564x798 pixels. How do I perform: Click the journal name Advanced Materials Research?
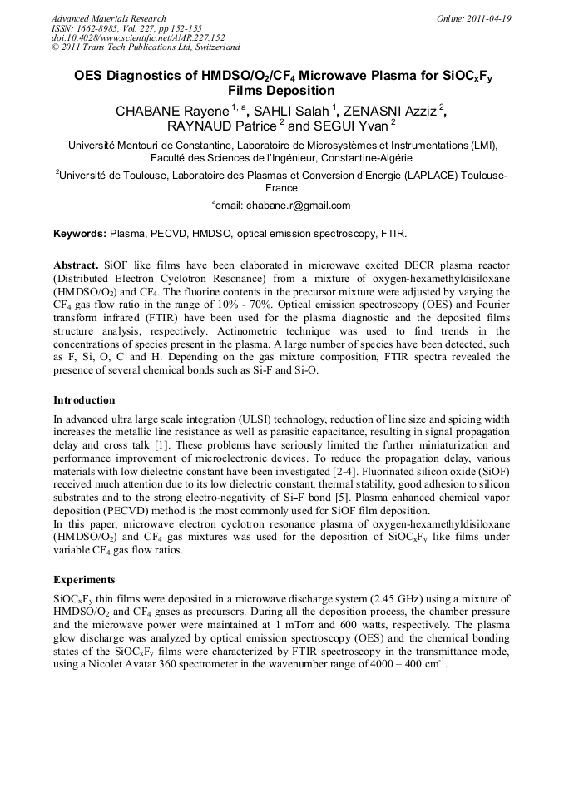(x=108, y=18)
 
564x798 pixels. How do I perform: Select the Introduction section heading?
(x=84, y=400)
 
